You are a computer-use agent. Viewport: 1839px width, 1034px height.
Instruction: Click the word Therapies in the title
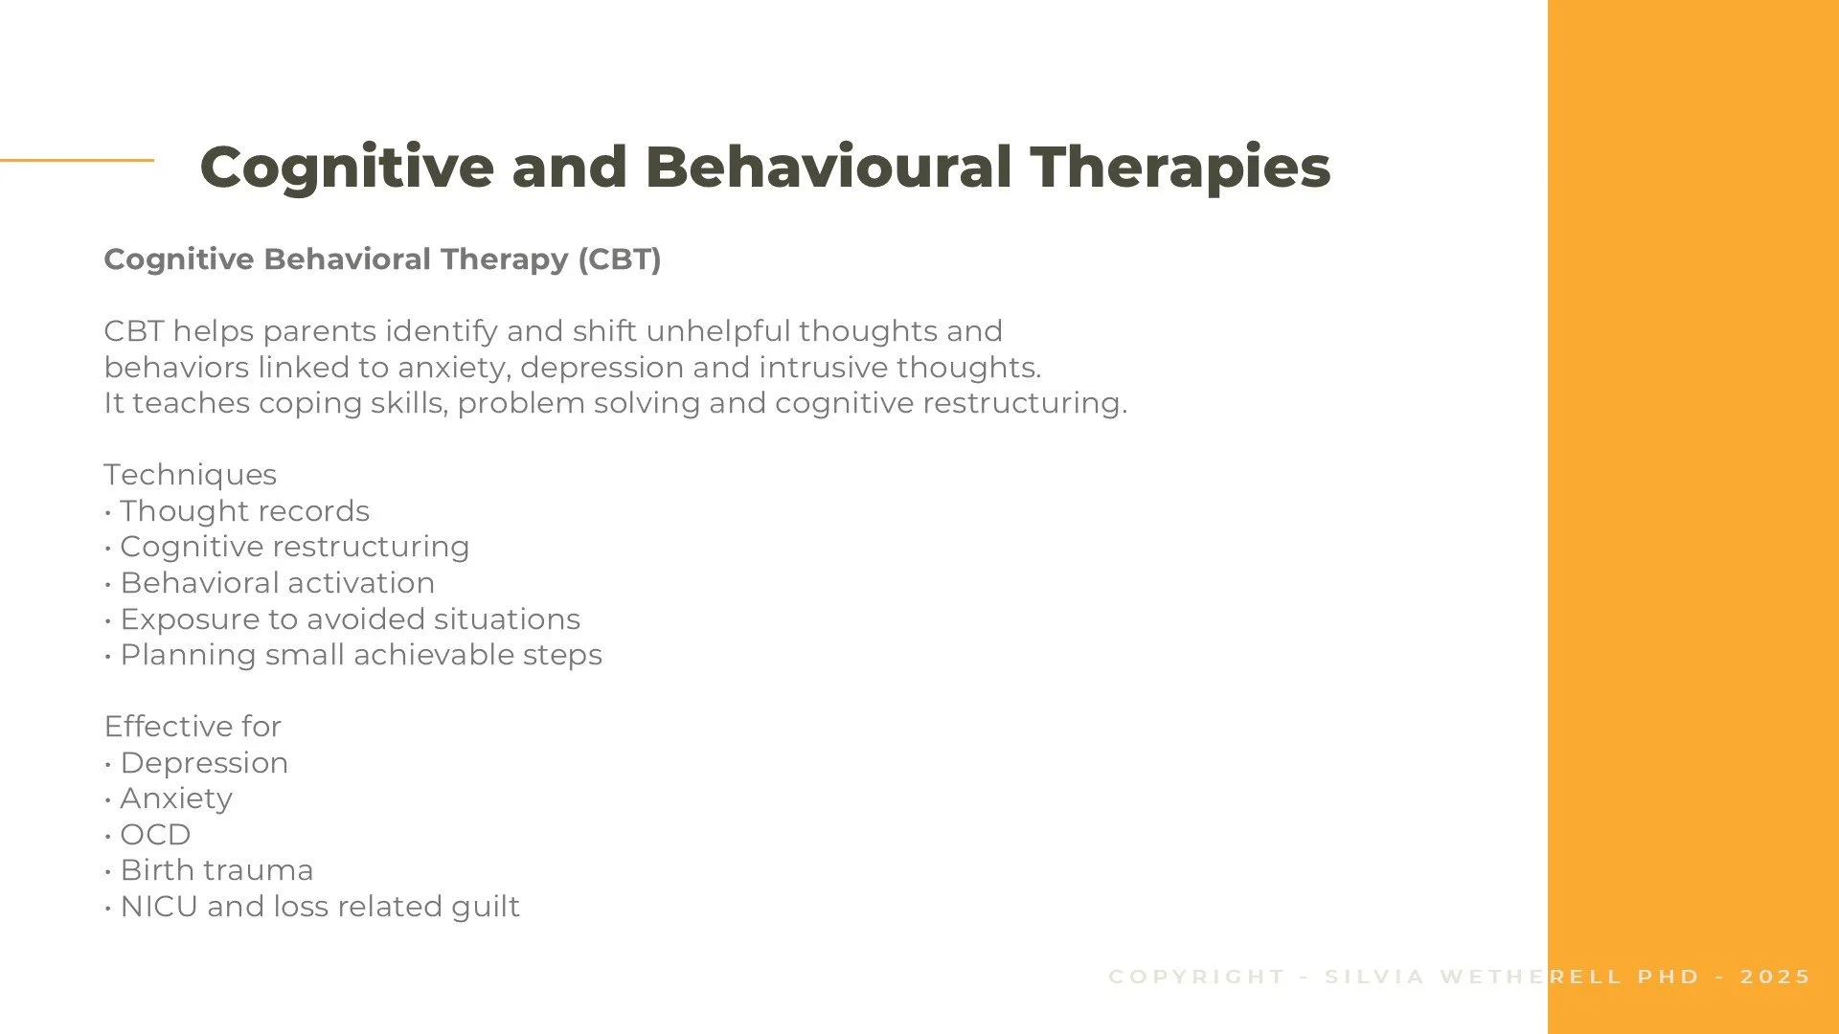pos(1180,168)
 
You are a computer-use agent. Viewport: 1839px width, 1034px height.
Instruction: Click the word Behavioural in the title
pos(829,168)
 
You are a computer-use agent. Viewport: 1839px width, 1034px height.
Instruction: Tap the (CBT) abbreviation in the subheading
pos(619,259)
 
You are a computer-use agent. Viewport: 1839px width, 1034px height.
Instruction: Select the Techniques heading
pos(190,475)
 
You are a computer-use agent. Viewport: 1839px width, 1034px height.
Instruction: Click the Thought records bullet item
pos(244,511)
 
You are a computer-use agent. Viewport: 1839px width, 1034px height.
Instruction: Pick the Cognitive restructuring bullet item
pos(294,547)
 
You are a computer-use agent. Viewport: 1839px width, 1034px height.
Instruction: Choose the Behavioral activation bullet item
pos(277,583)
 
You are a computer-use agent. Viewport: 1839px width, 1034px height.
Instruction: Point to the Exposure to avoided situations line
pos(350,619)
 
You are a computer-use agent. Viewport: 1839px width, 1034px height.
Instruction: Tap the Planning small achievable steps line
pos(360,655)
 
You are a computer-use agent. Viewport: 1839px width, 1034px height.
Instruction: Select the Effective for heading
pos(193,727)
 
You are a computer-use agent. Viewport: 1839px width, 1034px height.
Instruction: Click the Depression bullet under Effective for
pos(204,763)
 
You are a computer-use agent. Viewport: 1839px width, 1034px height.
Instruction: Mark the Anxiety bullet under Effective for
pos(176,798)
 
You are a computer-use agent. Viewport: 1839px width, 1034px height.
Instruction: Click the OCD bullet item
pos(155,835)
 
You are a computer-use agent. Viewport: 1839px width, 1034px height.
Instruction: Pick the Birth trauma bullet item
pos(216,870)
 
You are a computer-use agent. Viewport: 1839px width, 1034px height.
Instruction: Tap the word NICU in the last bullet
pos(159,907)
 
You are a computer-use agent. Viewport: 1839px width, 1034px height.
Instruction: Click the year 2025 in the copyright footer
pos(1775,977)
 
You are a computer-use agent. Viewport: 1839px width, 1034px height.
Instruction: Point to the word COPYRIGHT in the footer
pos(1196,977)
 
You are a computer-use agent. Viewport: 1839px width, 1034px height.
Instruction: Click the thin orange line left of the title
pos(77,160)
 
